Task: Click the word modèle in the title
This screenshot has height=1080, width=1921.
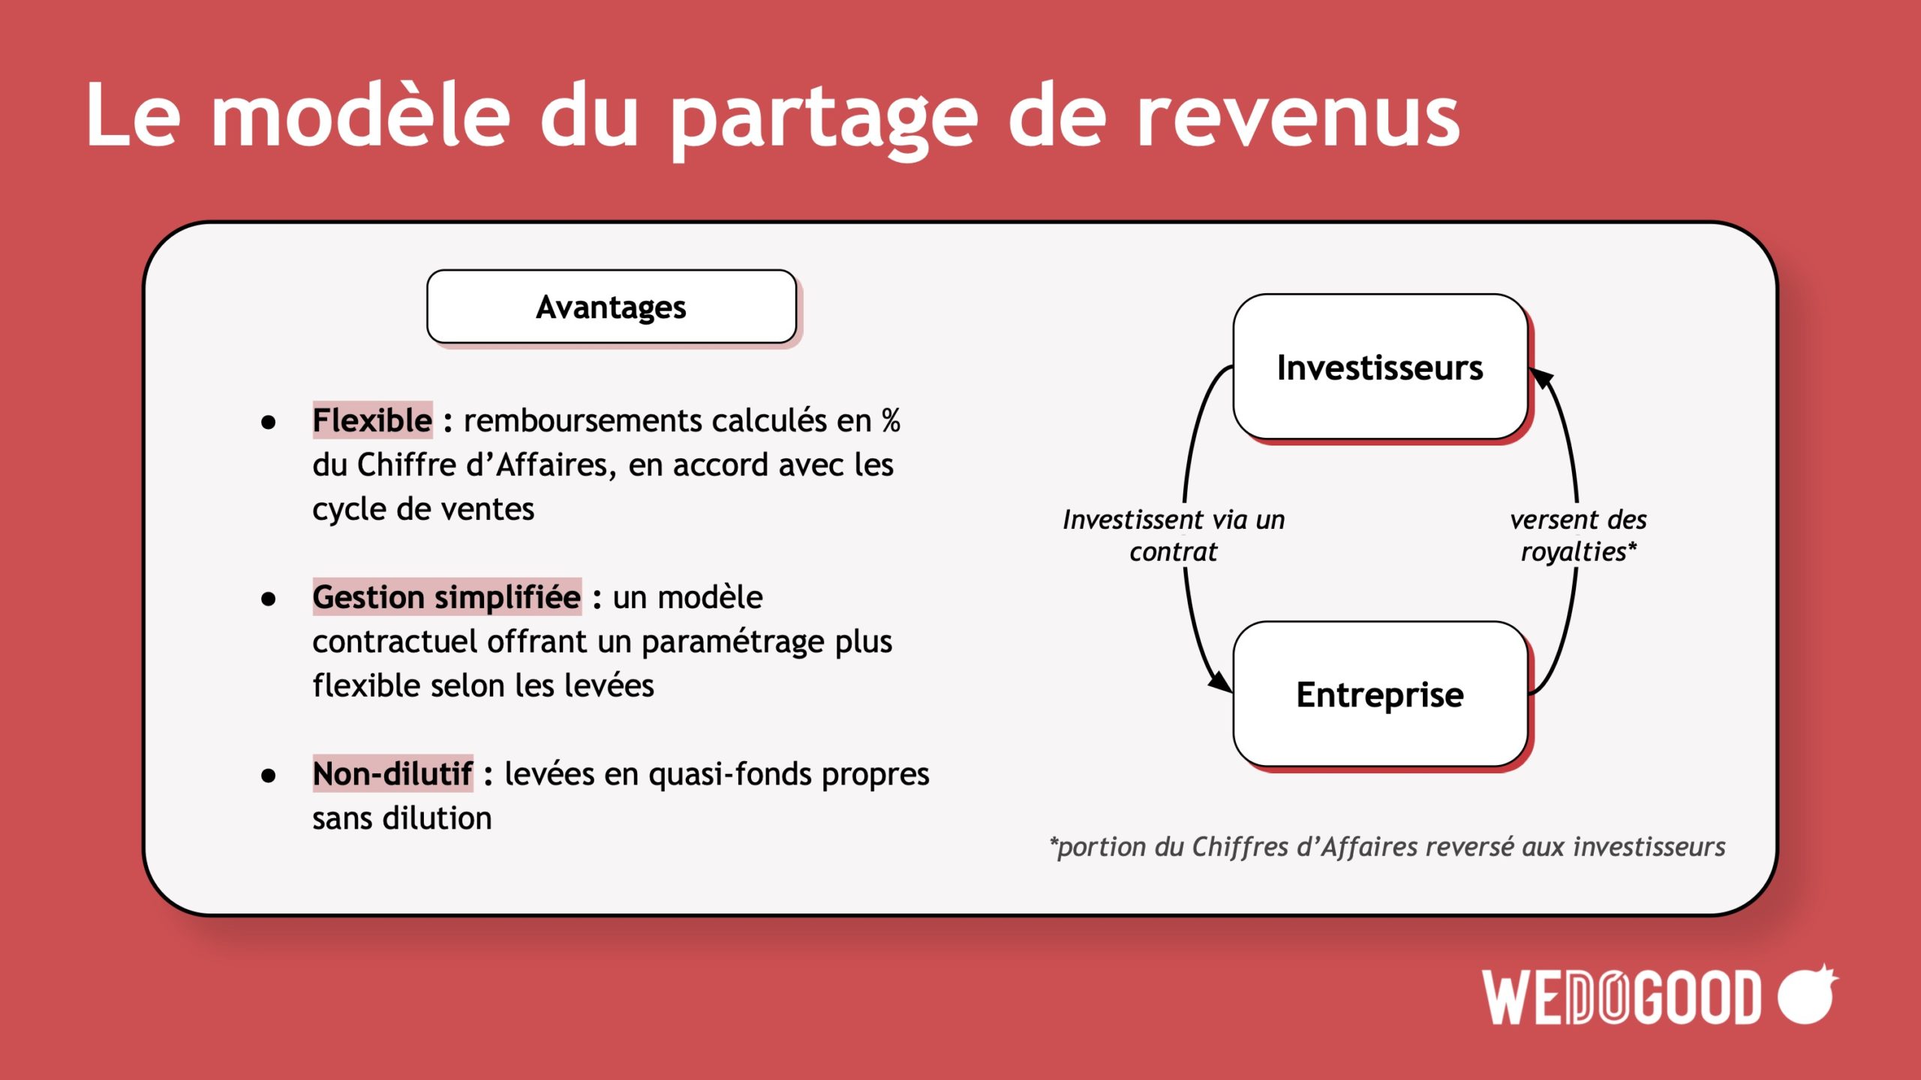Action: point(360,114)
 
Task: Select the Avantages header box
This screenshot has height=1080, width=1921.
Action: point(612,307)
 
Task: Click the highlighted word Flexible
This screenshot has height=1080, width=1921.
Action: point(372,420)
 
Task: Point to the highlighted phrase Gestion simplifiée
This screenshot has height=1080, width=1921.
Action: point(446,597)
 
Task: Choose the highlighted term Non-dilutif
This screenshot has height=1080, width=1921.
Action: point(392,773)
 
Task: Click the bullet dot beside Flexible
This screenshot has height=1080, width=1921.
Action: point(268,422)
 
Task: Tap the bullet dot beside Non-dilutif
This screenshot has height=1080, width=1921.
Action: point(268,775)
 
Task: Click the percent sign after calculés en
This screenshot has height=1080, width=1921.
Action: point(891,421)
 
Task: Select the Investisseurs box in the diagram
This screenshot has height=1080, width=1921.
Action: point(1380,367)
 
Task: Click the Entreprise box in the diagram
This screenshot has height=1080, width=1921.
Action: point(1380,694)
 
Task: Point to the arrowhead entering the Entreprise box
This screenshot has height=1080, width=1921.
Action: point(1220,681)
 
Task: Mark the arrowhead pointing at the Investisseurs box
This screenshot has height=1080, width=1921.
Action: point(1541,379)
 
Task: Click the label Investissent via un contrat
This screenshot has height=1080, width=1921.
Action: point(1174,535)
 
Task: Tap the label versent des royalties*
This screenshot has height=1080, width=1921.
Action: point(1578,535)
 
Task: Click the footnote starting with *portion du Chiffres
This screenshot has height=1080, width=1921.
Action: point(1387,847)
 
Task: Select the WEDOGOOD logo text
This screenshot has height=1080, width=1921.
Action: point(1622,997)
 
